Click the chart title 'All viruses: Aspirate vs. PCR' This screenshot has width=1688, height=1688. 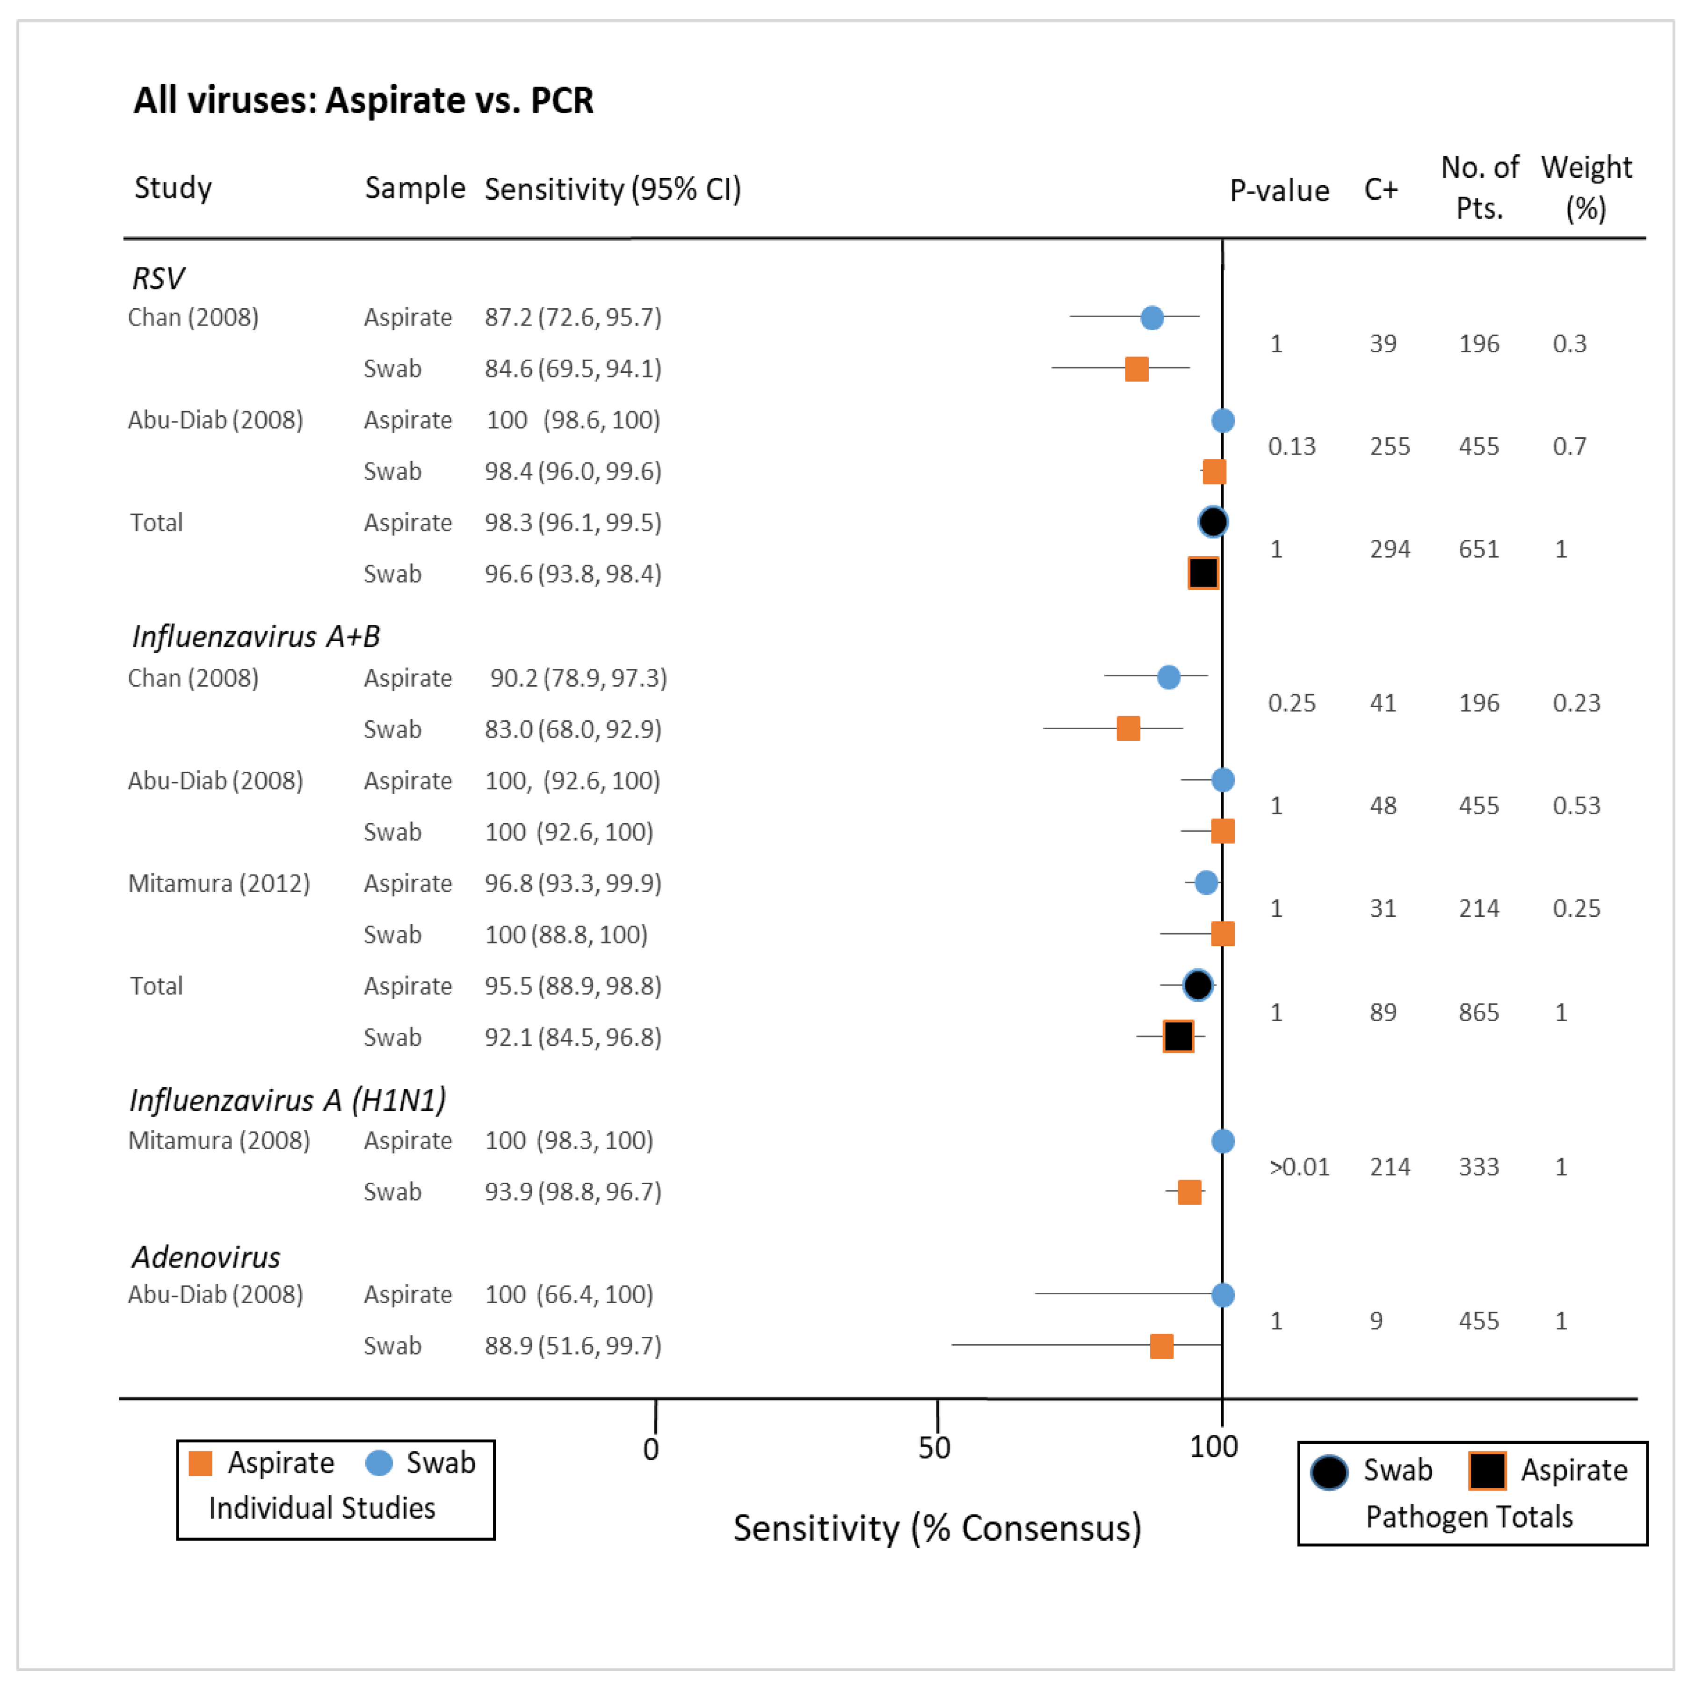coord(363,101)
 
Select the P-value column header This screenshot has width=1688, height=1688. coord(1279,190)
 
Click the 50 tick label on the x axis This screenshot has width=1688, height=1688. coord(934,1448)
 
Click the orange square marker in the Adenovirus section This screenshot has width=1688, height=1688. coord(1161,1346)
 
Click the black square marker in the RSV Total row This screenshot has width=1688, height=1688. coord(1203,573)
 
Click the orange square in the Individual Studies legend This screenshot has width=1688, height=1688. coord(201,1463)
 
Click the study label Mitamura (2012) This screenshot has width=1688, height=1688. coord(218,884)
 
